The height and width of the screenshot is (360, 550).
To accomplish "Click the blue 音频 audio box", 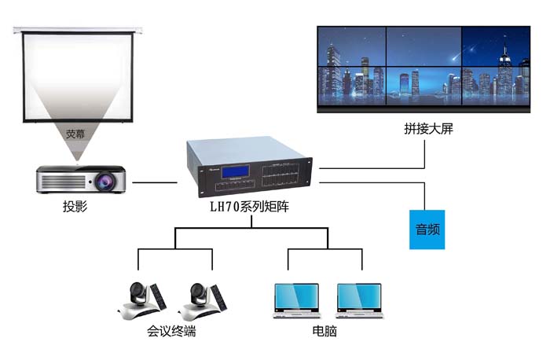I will point(427,229).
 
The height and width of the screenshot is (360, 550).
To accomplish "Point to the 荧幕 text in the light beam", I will point(75,134).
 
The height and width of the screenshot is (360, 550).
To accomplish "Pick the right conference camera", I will point(198,299).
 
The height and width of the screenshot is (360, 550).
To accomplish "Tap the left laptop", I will point(295,299).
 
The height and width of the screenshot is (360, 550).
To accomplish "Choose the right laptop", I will point(359,299).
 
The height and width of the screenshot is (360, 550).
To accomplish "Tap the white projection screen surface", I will point(75,75).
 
